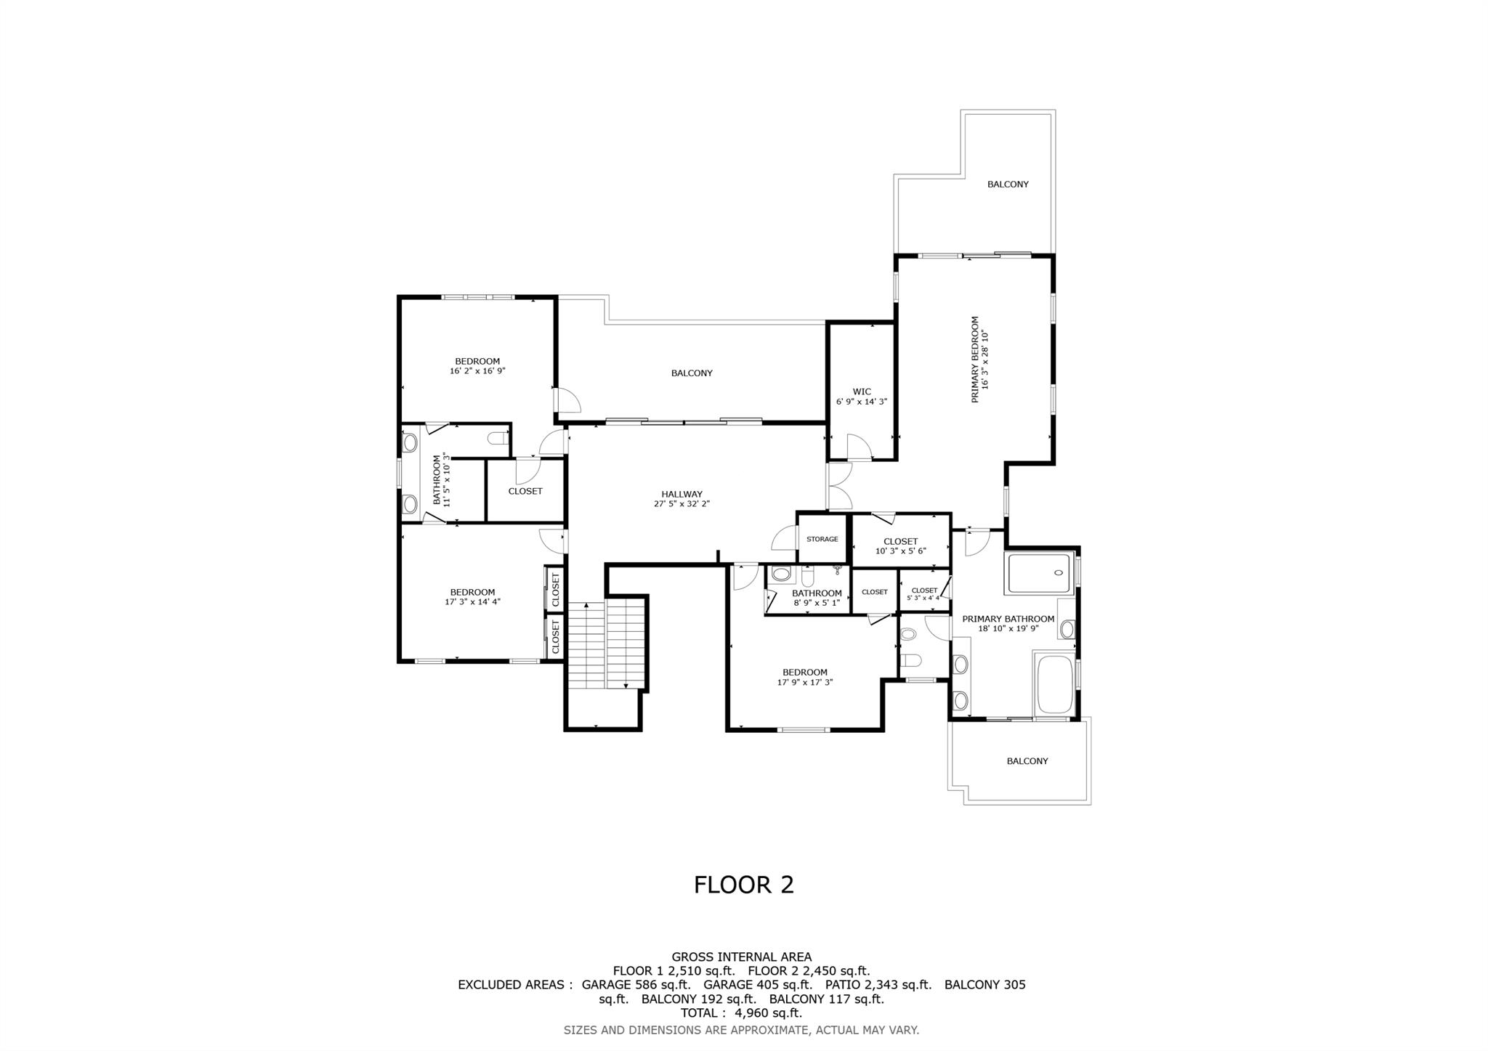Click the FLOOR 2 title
pyautogui.click(x=743, y=885)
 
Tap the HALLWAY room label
pyautogui.click(x=682, y=494)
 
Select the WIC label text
pyautogui.click(x=862, y=391)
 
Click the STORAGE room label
pyautogui.click(x=822, y=539)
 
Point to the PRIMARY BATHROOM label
pyautogui.click(x=1008, y=619)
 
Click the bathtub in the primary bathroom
pyautogui.click(x=1055, y=684)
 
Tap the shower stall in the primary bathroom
pyautogui.click(x=1038, y=573)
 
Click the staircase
pyautogui.click(x=606, y=645)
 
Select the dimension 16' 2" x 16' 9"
pyautogui.click(x=477, y=370)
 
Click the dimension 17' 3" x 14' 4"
pyautogui.click(x=472, y=601)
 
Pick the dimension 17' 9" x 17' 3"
pyautogui.click(x=805, y=682)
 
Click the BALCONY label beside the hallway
pyautogui.click(x=692, y=373)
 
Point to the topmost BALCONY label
pyautogui.click(x=1008, y=184)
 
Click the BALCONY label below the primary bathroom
pyautogui.click(x=1027, y=761)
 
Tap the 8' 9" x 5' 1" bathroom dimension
pyautogui.click(x=817, y=602)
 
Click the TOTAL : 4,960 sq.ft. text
pyautogui.click(x=741, y=1013)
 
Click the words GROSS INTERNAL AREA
pyautogui.click(x=741, y=957)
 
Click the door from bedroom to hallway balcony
pyautogui.click(x=565, y=399)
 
